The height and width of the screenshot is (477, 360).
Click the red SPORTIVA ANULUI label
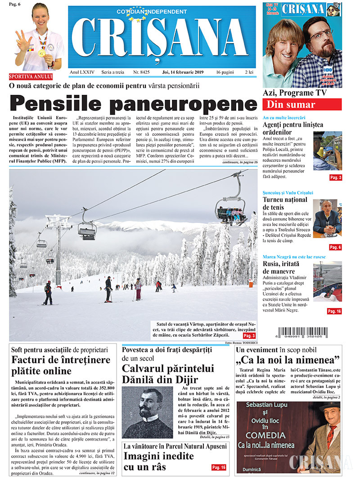pos(31,76)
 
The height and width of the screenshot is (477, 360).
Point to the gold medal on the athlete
pos(41,53)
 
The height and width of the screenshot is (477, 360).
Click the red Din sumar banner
pos(302,105)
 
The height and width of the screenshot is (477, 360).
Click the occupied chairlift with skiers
pos(231,211)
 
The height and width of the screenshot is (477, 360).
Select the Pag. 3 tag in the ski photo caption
pos(248,336)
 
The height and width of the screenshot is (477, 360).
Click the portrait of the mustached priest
pos(148,412)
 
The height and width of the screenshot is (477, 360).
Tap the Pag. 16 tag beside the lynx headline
pos(218,468)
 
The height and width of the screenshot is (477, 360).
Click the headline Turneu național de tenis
pos(285,203)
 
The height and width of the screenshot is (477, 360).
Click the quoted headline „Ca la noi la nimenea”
pos(288,360)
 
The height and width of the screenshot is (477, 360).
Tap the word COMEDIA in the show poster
pos(265,435)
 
